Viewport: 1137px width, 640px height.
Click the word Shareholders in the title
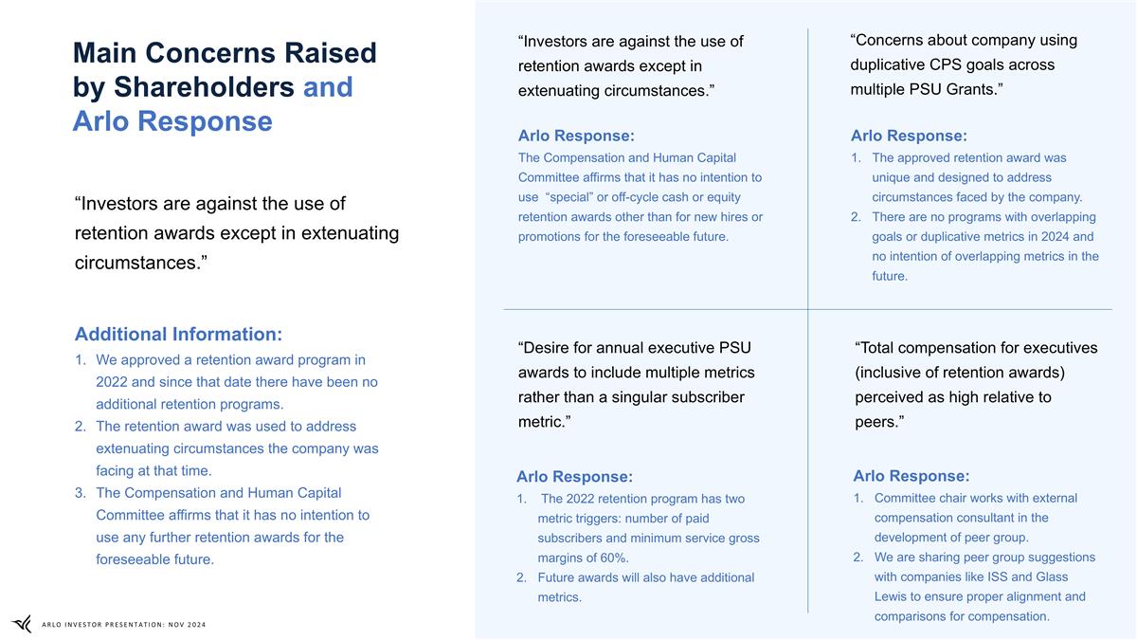coord(204,87)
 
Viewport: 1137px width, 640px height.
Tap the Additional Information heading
coord(178,334)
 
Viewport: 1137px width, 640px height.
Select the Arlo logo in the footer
coord(21,623)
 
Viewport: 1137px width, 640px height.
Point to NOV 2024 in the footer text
coord(183,624)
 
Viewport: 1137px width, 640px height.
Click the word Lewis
coord(894,596)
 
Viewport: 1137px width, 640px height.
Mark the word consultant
coord(985,518)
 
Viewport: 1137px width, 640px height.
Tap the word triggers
coord(593,518)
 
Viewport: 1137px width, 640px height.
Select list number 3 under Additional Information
coord(81,493)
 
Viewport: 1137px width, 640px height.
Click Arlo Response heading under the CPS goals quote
coord(909,137)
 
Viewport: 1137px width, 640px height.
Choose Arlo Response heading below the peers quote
coord(911,475)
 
